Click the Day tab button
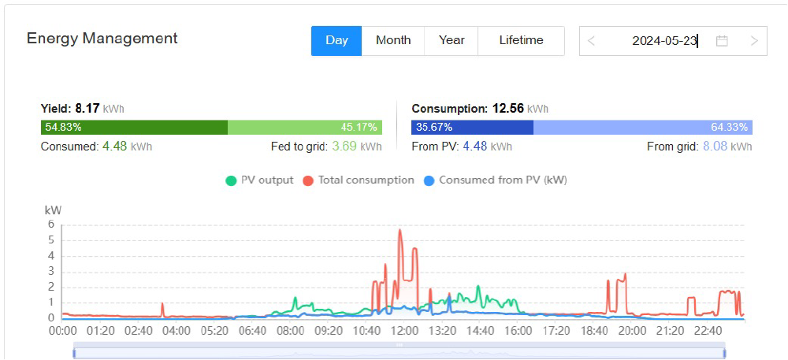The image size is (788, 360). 336,40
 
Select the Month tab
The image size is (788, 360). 393,40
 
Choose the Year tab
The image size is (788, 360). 452,40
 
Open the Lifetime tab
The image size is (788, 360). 521,40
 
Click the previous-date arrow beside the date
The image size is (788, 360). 592,41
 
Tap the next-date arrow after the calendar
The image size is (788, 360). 754,41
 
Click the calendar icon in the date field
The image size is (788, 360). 722,41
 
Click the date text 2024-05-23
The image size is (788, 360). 664,41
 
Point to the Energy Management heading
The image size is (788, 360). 102,38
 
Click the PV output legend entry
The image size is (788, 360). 259,180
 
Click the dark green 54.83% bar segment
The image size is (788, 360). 134,127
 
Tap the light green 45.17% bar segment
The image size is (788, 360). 305,127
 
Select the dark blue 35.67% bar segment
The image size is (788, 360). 472,127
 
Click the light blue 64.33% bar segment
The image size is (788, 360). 642,127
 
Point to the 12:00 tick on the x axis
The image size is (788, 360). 404,332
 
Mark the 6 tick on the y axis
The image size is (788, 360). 51,225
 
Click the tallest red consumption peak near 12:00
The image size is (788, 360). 400,230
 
